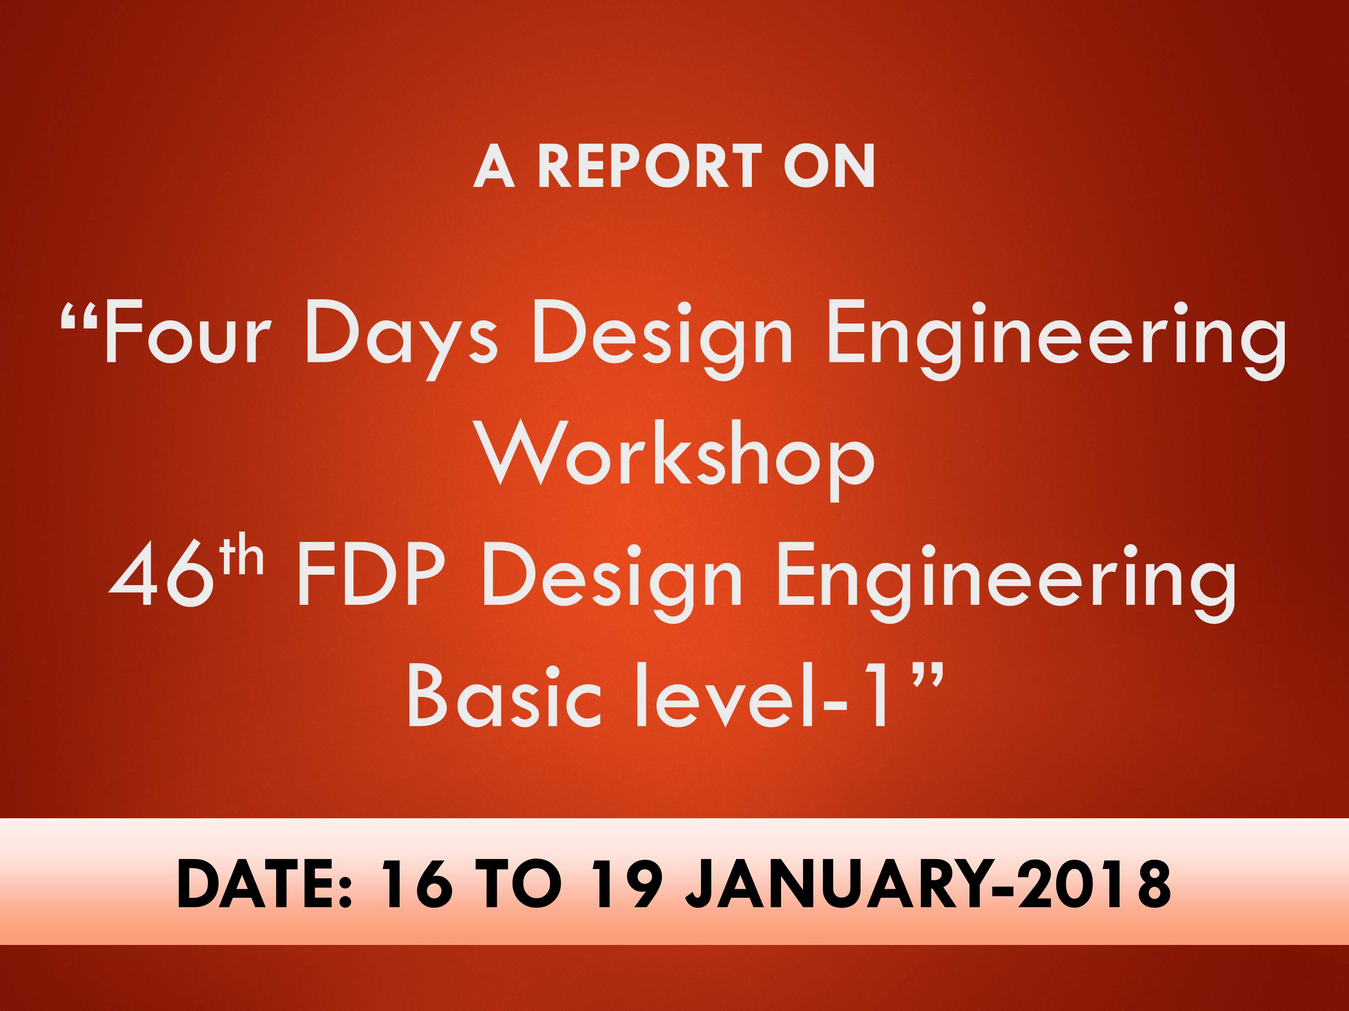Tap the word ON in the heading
829,166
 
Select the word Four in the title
186,333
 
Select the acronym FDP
369,576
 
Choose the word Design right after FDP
612,583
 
